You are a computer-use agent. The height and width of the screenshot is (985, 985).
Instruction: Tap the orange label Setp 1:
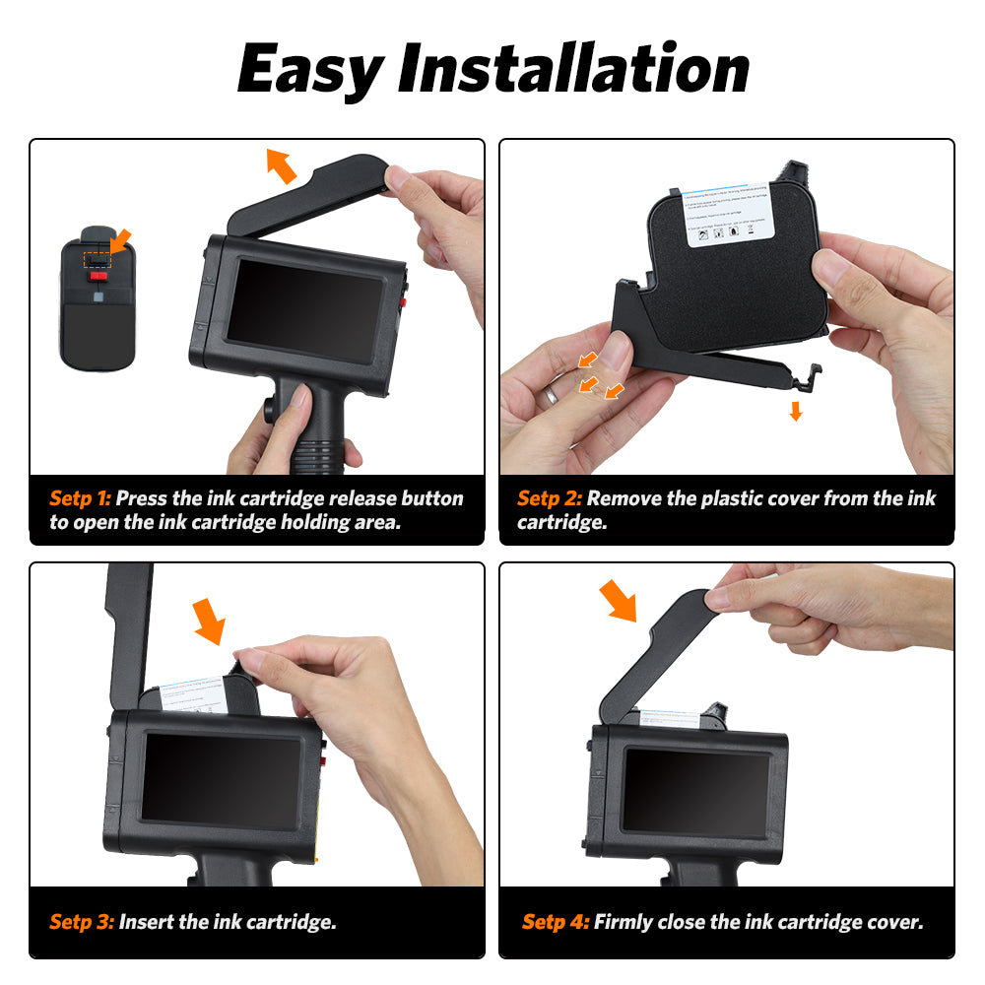[80, 498]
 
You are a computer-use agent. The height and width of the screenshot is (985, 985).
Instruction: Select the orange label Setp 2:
[549, 498]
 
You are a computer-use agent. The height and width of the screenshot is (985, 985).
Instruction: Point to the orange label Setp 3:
[81, 923]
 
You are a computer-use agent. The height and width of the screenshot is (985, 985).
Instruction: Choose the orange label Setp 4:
[555, 923]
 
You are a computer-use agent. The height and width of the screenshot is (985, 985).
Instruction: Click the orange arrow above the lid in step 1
[281, 165]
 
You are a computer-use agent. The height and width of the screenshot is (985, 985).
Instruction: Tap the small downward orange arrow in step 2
[796, 411]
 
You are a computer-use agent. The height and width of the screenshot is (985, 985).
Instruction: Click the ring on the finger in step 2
[554, 395]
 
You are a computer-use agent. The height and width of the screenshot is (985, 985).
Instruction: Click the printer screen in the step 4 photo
[697, 792]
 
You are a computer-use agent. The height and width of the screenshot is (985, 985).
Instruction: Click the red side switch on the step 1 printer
[404, 300]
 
